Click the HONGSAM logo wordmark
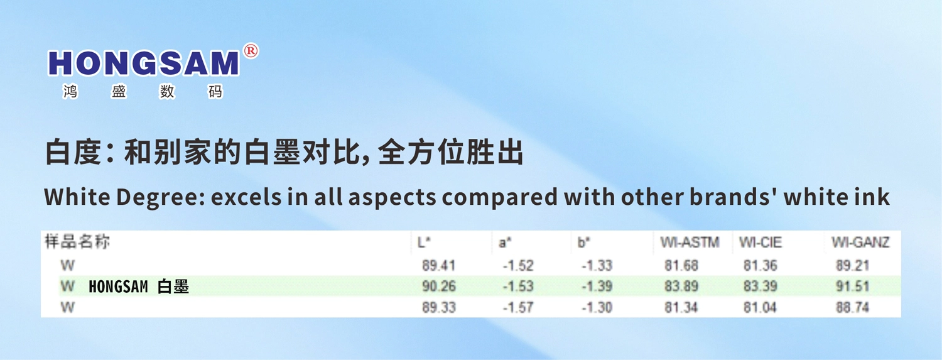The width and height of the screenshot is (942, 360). click(x=143, y=63)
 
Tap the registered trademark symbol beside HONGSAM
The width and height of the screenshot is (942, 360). click(x=251, y=51)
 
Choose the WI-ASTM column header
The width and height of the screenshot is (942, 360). click(x=690, y=243)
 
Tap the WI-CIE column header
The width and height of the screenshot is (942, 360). click(x=761, y=243)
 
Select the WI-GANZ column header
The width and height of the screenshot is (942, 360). click(x=860, y=243)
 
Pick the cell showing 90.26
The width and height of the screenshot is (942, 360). click(x=438, y=286)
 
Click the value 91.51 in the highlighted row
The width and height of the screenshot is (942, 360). click(x=852, y=286)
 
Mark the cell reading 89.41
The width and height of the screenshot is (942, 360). click(x=438, y=265)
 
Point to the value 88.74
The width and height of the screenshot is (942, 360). click(x=852, y=308)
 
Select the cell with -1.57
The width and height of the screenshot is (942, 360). click(x=518, y=308)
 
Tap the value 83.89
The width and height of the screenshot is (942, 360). click(x=681, y=286)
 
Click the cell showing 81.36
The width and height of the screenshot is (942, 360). click(x=760, y=265)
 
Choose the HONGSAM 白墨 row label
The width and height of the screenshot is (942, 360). click(x=139, y=287)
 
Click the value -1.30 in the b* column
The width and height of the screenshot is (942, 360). click(x=597, y=308)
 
